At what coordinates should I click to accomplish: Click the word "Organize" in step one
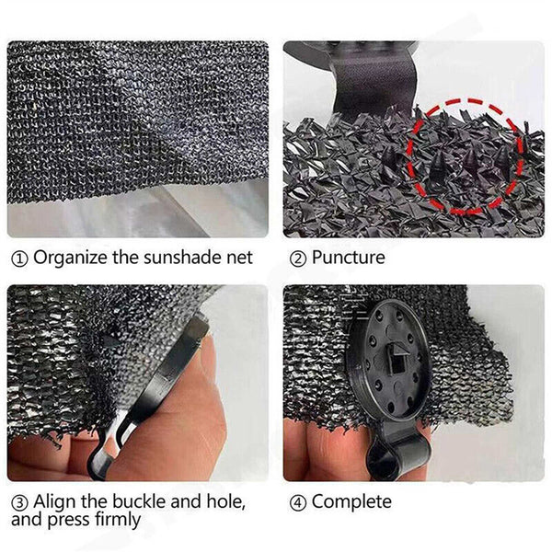(71, 258)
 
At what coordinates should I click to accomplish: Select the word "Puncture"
(348, 257)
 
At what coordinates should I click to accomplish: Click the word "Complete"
(351, 501)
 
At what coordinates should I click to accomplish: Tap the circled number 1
(19, 259)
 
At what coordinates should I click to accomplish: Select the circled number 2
(298, 259)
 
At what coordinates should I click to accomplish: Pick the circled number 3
(19, 502)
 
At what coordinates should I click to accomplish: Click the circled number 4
(298, 502)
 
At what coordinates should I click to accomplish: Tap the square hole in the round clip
(399, 368)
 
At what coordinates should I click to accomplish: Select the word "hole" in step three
(225, 501)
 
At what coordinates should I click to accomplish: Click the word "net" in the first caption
(239, 258)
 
